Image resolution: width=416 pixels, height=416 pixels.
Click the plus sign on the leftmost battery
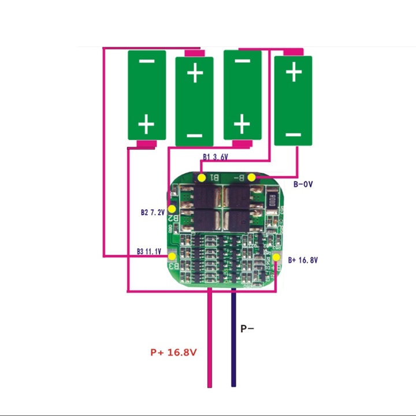coord(146,124)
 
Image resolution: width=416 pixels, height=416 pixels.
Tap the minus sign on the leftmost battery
coord(146,61)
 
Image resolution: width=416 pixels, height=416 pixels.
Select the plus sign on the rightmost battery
coord(294,72)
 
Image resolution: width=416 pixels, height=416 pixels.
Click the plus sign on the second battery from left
coord(195,73)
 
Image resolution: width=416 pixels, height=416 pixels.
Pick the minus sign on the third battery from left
coord(243,61)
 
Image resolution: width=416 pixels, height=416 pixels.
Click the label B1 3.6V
coord(216,157)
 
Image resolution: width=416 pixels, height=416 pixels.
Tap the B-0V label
coord(303,184)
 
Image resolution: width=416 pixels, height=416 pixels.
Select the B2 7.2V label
coord(153,213)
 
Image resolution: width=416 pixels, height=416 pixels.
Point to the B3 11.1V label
coord(149,251)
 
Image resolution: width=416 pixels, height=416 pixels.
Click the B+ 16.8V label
coord(303,260)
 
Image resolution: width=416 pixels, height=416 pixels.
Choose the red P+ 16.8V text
coord(173,352)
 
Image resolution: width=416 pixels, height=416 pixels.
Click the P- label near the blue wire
coord(247,329)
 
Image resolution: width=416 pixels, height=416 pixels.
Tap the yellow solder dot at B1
coord(202,177)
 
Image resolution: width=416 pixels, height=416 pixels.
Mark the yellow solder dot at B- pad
coord(252,177)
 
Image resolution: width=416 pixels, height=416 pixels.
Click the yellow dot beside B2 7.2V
coord(172,209)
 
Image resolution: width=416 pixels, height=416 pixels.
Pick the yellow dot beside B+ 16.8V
coord(277,258)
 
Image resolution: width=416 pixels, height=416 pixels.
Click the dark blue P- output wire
coord(233,347)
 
